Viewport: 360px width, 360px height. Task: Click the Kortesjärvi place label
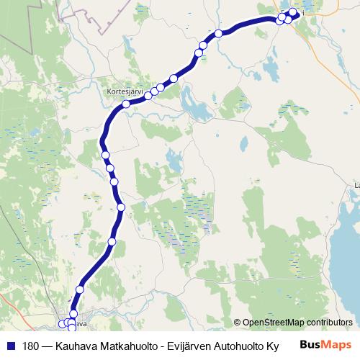pyautogui.click(x=125, y=92)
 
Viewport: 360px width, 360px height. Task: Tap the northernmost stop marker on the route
pyautogui.click(x=293, y=12)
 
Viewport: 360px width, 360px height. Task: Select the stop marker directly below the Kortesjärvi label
pyautogui.click(x=126, y=104)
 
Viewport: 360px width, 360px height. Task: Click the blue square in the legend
pyautogui.click(x=10, y=346)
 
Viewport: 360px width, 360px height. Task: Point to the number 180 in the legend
pyautogui.click(x=31, y=346)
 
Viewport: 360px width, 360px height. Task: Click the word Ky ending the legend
pyautogui.click(x=272, y=346)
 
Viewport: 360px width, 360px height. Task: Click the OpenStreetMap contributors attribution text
pyautogui.click(x=297, y=323)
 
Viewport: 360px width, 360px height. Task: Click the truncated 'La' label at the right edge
pyautogui.click(x=356, y=186)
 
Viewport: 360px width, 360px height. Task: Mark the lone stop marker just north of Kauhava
pyautogui.click(x=79, y=289)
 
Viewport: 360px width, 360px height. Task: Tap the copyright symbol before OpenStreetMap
pyautogui.click(x=238, y=323)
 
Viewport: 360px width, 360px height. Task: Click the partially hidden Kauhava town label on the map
pyautogui.click(x=81, y=324)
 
